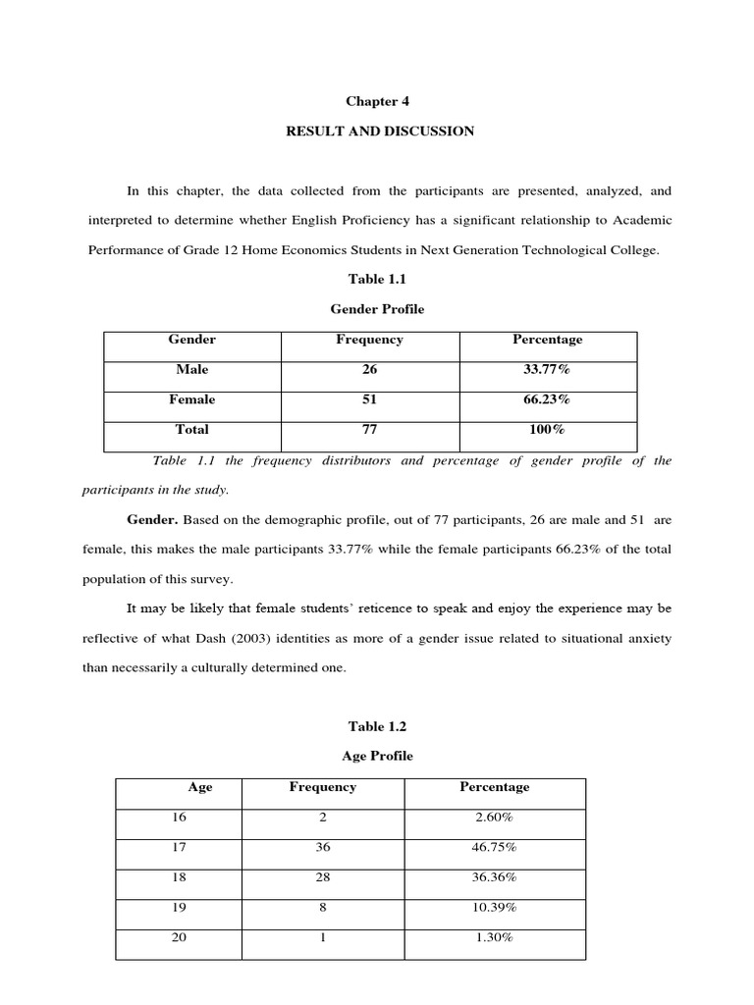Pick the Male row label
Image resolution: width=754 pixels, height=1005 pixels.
[x=192, y=370]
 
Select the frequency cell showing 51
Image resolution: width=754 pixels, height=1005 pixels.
[x=368, y=399]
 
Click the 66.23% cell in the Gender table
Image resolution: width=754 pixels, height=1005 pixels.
[x=547, y=399]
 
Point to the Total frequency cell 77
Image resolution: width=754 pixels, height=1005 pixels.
[x=368, y=429]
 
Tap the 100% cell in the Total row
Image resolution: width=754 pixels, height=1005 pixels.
[x=547, y=429]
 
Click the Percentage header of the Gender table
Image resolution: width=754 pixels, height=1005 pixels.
[x=547, y=340]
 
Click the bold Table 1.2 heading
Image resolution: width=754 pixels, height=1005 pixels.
[x=376, y=726]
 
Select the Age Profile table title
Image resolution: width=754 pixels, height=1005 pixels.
[x=376, y=756]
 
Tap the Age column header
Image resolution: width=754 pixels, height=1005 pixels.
[x=200, y=787]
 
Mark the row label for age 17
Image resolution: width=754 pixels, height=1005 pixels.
[x=179, y=847]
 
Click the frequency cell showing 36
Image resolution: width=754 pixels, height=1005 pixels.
[x=322, y=847]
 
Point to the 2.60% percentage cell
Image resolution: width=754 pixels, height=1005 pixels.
[x=494, y=817]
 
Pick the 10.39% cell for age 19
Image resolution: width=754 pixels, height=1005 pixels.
[x=494, y=907]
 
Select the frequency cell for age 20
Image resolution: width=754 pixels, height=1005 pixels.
[x=322, y=937]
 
